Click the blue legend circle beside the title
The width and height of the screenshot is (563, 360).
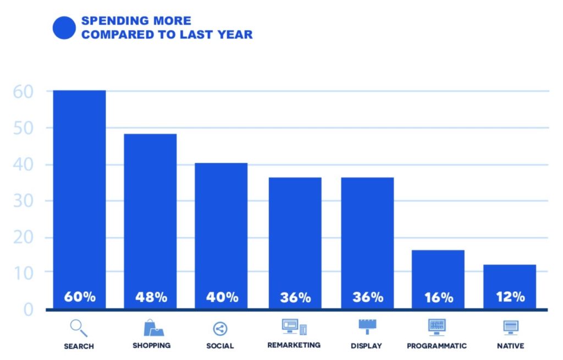(64, 28)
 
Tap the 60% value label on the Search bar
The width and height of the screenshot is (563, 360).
(80, 297)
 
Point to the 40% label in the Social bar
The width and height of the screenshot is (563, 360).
(222, 297)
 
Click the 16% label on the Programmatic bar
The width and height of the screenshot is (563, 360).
(439, 298)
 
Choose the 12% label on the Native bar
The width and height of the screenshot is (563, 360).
(510, 297)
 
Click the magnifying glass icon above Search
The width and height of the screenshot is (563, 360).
(79, 328)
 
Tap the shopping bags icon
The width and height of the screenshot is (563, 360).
(153, 328)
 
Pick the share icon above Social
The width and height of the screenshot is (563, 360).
(220, 329)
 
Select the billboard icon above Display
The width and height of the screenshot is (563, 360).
(367, 326)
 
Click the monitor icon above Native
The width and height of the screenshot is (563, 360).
(511, 328)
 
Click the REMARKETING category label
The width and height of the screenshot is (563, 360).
(294, 345)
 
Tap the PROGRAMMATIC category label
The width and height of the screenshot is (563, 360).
(437, 346)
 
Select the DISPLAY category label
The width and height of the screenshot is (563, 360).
(367, 346)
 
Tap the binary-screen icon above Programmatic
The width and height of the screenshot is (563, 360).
(437, 327)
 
